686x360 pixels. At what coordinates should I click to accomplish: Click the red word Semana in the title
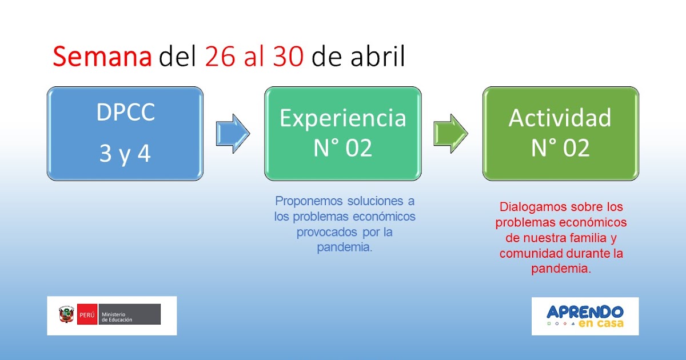(x=102, y=58)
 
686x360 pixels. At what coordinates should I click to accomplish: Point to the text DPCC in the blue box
(x=125, y=113)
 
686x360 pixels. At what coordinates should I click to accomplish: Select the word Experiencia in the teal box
(x=342, y=118)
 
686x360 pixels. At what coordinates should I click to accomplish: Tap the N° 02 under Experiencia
(x=342, y=148)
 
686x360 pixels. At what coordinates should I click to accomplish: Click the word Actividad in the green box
(x=560, y=118)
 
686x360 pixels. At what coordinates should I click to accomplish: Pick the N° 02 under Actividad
(x=560, y=148)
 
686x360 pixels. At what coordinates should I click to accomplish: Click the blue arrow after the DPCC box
(x=233, y=133)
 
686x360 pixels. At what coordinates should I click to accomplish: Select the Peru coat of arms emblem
(x=66, y=315)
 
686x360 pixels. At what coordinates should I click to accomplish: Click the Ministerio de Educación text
(x=117, y=317)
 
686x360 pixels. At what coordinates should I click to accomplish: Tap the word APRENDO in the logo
(x=584, y=312)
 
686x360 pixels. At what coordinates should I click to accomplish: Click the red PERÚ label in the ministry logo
(x=87, y=315)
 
